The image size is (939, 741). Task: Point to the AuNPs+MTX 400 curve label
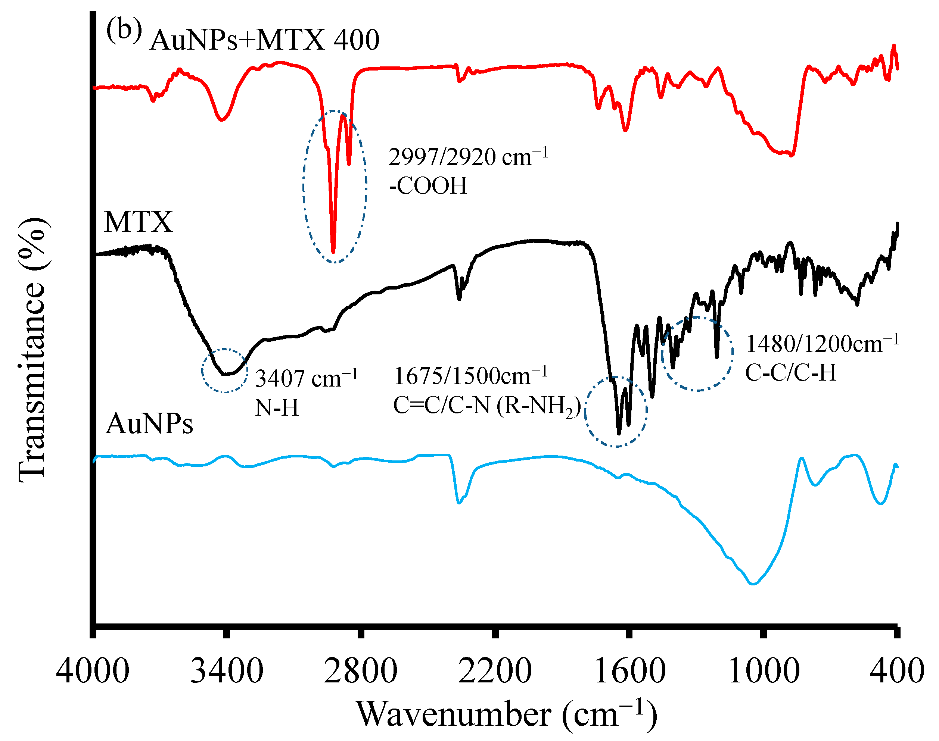[x=264, y=40]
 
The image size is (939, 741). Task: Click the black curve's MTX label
[x=138, y=222]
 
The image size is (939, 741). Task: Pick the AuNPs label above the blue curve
[x=149, y=423]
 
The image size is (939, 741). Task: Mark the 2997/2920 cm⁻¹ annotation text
[x=468, y=157]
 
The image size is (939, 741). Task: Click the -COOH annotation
[x=427, y=186]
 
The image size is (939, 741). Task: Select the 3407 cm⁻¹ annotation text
[x=306, y=378]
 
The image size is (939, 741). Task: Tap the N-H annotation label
[x=277, y=408]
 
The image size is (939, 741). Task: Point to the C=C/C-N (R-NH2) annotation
[x=486, y=406]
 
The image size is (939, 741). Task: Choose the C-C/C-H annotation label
[x=790, y=372]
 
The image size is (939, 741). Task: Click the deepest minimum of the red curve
[x=333, y=251]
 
